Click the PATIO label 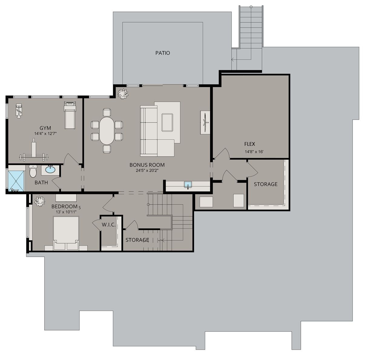(x=163, y=53)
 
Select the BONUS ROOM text (x=147, y=165)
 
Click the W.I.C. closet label (x=108, y=225)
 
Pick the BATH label (x=41, y=182)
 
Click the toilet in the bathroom (x=33, y=172)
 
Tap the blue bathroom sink (x=50, y=169)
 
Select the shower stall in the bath (x=16, y=181)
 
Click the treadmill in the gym (x=69, y=115)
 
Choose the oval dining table (x=107, y=131)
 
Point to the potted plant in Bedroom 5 (x=39, y=201)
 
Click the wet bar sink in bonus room (x=188, y=185)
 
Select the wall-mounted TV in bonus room (x=205, y=122)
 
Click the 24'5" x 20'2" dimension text (x=147, y=171)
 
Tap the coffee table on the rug (x=167, y=122)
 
